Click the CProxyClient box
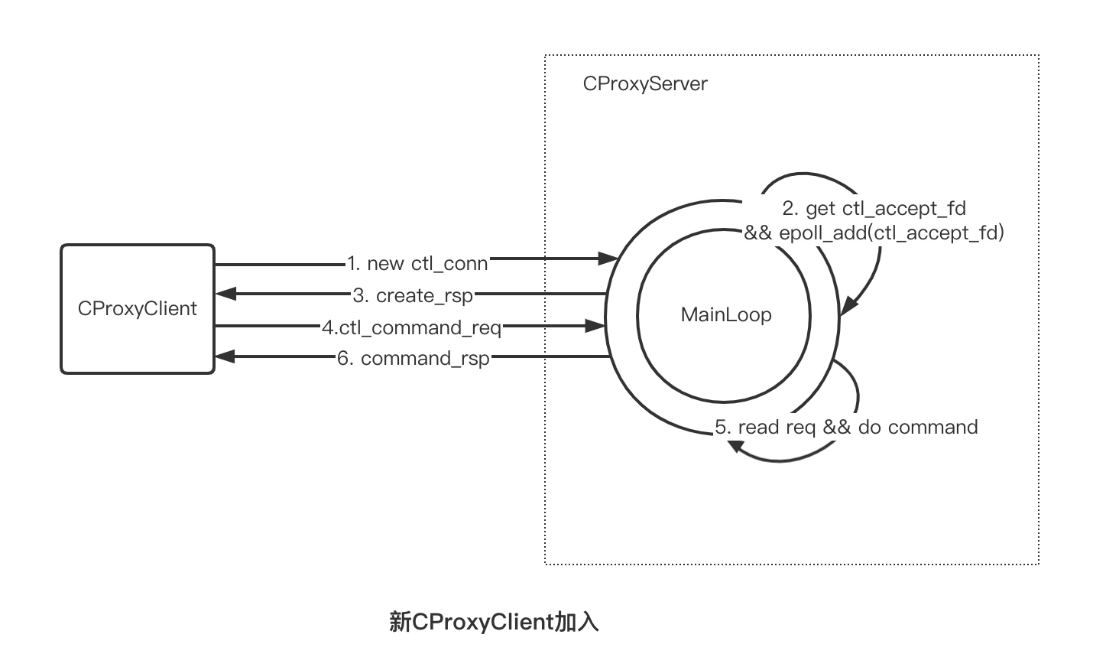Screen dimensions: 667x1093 pyautogui.click(x=138, y=309)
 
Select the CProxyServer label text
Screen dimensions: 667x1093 pyautogui.click(x=645, y=83)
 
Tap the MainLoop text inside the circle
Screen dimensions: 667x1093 pyautogui.click(x=725, y=314)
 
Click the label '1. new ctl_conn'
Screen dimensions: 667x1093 pyautogui.click(x=417, y=264)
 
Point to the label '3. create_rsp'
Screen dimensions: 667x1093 pyautogui.click(x=413, y=295)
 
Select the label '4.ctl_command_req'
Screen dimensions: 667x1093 pyautogui.click(x=411, y=327)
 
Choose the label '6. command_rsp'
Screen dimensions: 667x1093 pyautogui.click(x=413, y=358)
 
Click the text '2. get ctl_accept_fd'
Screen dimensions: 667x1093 pyautogui.click(x=874, y=208)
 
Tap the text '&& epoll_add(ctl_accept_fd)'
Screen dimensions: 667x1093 pyautogui.click(x=874, y=233)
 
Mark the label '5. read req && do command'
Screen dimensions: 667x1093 pyautogui.click(x=846, y=427)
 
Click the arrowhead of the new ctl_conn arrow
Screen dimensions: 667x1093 pyautogui.click(x=609, y=259)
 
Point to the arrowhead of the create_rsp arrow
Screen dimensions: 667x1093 pyautogui.click(x=226, y=294)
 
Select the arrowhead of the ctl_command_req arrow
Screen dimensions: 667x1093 pyautogui.click(x=596, y=326)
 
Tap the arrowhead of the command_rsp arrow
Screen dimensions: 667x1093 pyautogui.click(x=226, y=356)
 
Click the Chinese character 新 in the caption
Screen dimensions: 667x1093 pyautogui.click(x=400, y=622)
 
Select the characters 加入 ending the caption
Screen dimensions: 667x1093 pyautogui.click(x=576, y=622)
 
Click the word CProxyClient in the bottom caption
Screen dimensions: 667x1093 pyautogui.click(x=482, y=622)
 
